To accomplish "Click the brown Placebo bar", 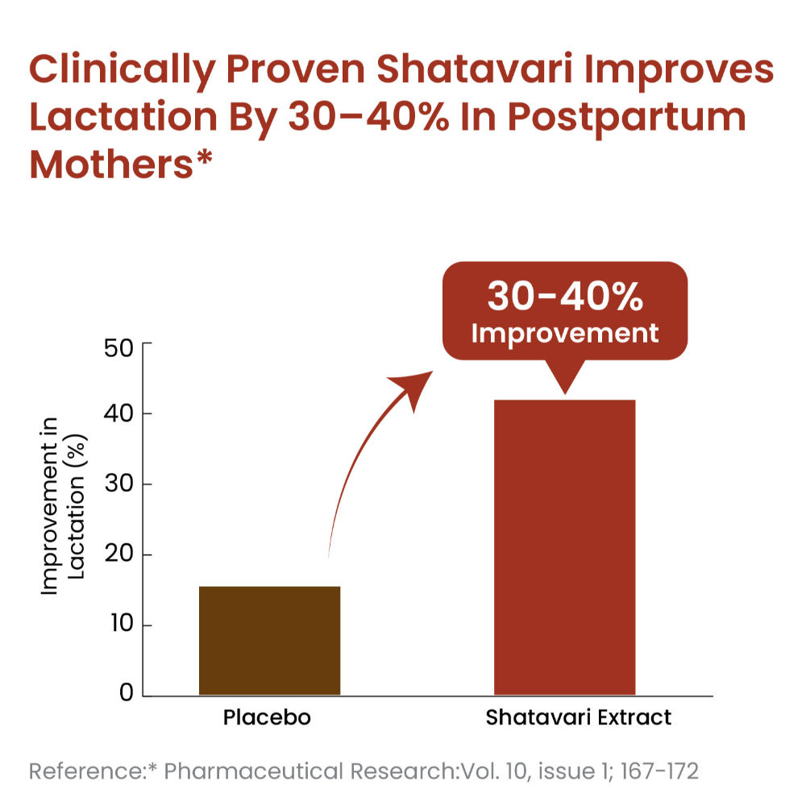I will point(269,641).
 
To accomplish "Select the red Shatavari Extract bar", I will point(564,547).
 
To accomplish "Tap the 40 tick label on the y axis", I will point(123,413).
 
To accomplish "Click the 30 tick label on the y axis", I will point(123,484).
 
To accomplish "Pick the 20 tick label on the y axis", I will point(123,555).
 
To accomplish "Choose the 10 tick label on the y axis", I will point(123,625).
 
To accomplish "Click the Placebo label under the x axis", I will point(267,718).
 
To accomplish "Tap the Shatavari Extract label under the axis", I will point(578,718).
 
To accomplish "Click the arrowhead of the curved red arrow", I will point(419,386).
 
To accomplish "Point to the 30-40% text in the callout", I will point(564,298).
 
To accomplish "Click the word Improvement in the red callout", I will point(564,333).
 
